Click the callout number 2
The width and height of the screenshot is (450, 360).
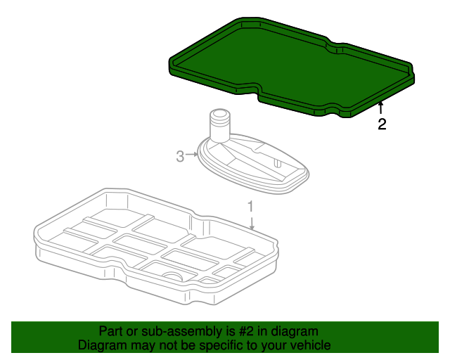[382, 124]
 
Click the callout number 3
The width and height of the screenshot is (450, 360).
[180, 157]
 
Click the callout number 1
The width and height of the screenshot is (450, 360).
[250, 207]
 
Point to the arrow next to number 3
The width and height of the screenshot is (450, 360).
[192, 155]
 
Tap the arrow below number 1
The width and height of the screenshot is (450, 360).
[252, 224]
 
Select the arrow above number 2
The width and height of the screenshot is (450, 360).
[380, 108]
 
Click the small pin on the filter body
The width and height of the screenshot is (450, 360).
[277, 163]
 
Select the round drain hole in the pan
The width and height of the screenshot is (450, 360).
[173, 276]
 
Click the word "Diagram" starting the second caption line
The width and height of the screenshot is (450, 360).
[98, 345]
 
